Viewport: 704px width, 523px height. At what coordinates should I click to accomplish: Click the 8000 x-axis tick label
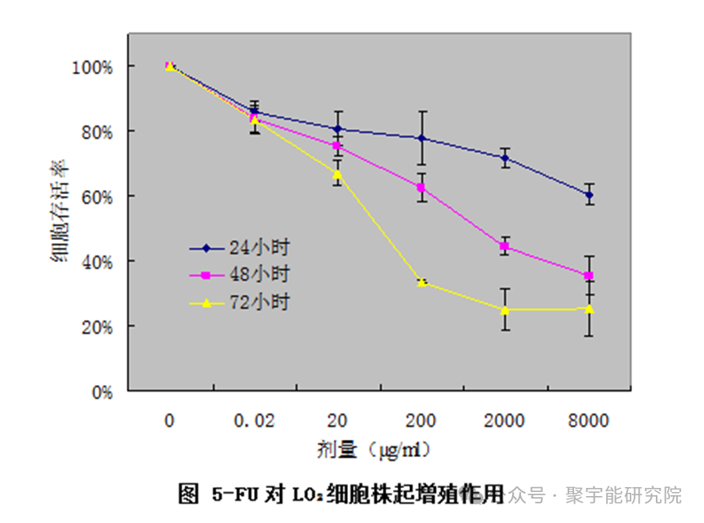pos(588,421)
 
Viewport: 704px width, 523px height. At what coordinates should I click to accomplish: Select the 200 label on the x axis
pos(421,421)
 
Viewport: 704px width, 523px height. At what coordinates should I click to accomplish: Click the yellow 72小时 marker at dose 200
pos(421,282)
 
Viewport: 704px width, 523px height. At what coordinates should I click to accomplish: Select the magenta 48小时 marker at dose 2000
pos(505,246)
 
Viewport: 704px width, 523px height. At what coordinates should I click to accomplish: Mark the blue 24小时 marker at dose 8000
pos(589,194)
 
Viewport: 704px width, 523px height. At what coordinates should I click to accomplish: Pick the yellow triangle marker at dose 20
pos(337,174)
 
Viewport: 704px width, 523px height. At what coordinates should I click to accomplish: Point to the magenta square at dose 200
pos(421,188)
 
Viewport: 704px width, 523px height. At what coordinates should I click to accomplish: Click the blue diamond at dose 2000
pos(505,157)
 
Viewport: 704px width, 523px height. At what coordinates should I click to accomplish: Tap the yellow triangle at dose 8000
pos(589,308)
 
